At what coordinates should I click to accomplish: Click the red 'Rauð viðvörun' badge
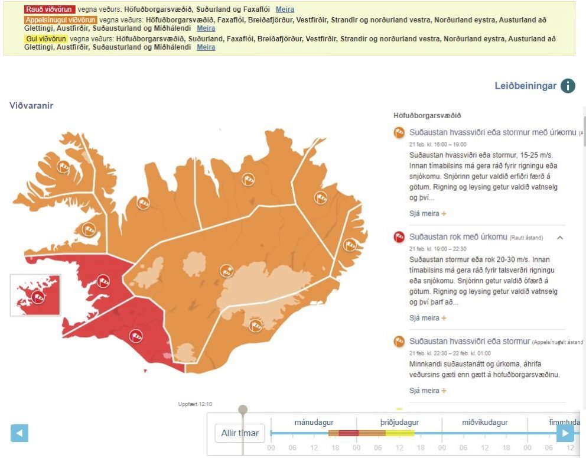tap(50, 9)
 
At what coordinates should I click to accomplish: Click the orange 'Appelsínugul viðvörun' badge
tap(60, 20)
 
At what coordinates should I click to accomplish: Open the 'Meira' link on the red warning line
tap(285, 9)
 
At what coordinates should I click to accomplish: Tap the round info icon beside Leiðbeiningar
tap(567, 86)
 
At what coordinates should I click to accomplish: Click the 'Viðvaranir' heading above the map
tap(31, 105)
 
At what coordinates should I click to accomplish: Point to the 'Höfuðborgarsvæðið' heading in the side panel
tap(427, 116)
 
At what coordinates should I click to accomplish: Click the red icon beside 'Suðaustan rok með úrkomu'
tap(399, 238)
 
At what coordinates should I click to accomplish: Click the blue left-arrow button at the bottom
tap(19, 433)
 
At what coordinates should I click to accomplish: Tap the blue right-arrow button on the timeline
tap(565, 433)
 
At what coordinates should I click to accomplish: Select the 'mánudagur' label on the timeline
tap(314, 423)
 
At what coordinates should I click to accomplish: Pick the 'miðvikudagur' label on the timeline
tap(484, 423)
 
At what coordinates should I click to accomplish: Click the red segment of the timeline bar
tap(349, 433)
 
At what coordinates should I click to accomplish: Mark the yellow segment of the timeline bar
tap(400, 433)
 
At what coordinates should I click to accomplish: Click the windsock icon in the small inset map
tap(38, 297)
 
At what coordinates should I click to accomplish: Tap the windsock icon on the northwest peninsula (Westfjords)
tap(64, 166)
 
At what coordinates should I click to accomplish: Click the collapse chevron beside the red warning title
tap(560, 238)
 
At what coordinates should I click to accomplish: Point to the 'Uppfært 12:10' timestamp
tap(195, 404)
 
